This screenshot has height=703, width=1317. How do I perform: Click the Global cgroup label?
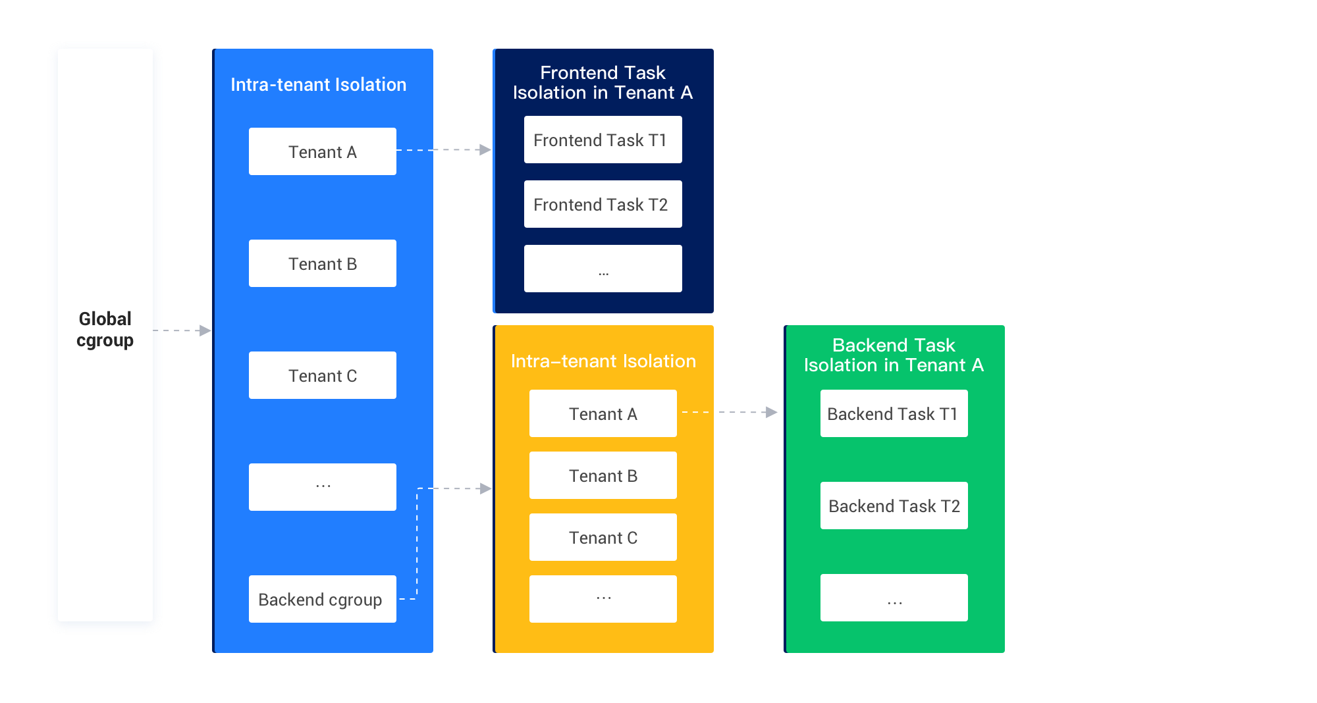pos(105,330)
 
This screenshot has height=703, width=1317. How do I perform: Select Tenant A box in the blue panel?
pos(322,151)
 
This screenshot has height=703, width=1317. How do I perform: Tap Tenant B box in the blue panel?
pos(322,263)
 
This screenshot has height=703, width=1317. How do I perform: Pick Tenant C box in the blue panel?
pos(322,375)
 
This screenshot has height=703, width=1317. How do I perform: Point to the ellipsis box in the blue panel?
pos(322,487)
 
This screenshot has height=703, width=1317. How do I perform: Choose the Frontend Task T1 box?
pos(603,140)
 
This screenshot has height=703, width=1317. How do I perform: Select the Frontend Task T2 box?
pos(603,204)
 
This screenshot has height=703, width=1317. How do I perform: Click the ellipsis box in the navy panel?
pos(603,269)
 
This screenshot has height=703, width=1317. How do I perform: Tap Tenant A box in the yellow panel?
pos(603,413)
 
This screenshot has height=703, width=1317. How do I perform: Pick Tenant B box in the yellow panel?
pos(603,475)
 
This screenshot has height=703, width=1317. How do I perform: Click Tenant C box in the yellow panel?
pos(603,537)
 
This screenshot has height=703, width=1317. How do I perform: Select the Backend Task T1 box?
pos(894,413)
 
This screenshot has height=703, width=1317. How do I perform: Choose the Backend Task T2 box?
pos(894,506)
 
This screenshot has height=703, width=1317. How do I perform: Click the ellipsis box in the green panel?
pos(894,598)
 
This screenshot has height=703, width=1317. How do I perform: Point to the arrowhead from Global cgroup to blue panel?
pos(205,330)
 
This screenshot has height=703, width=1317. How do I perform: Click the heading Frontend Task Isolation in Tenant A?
pos(603,82)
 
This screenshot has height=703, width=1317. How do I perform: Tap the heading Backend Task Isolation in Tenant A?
pos(894,355)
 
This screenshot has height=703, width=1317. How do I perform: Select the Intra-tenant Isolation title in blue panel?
pos(318,85)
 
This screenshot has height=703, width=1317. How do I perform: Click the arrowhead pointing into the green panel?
pos(772,412)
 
